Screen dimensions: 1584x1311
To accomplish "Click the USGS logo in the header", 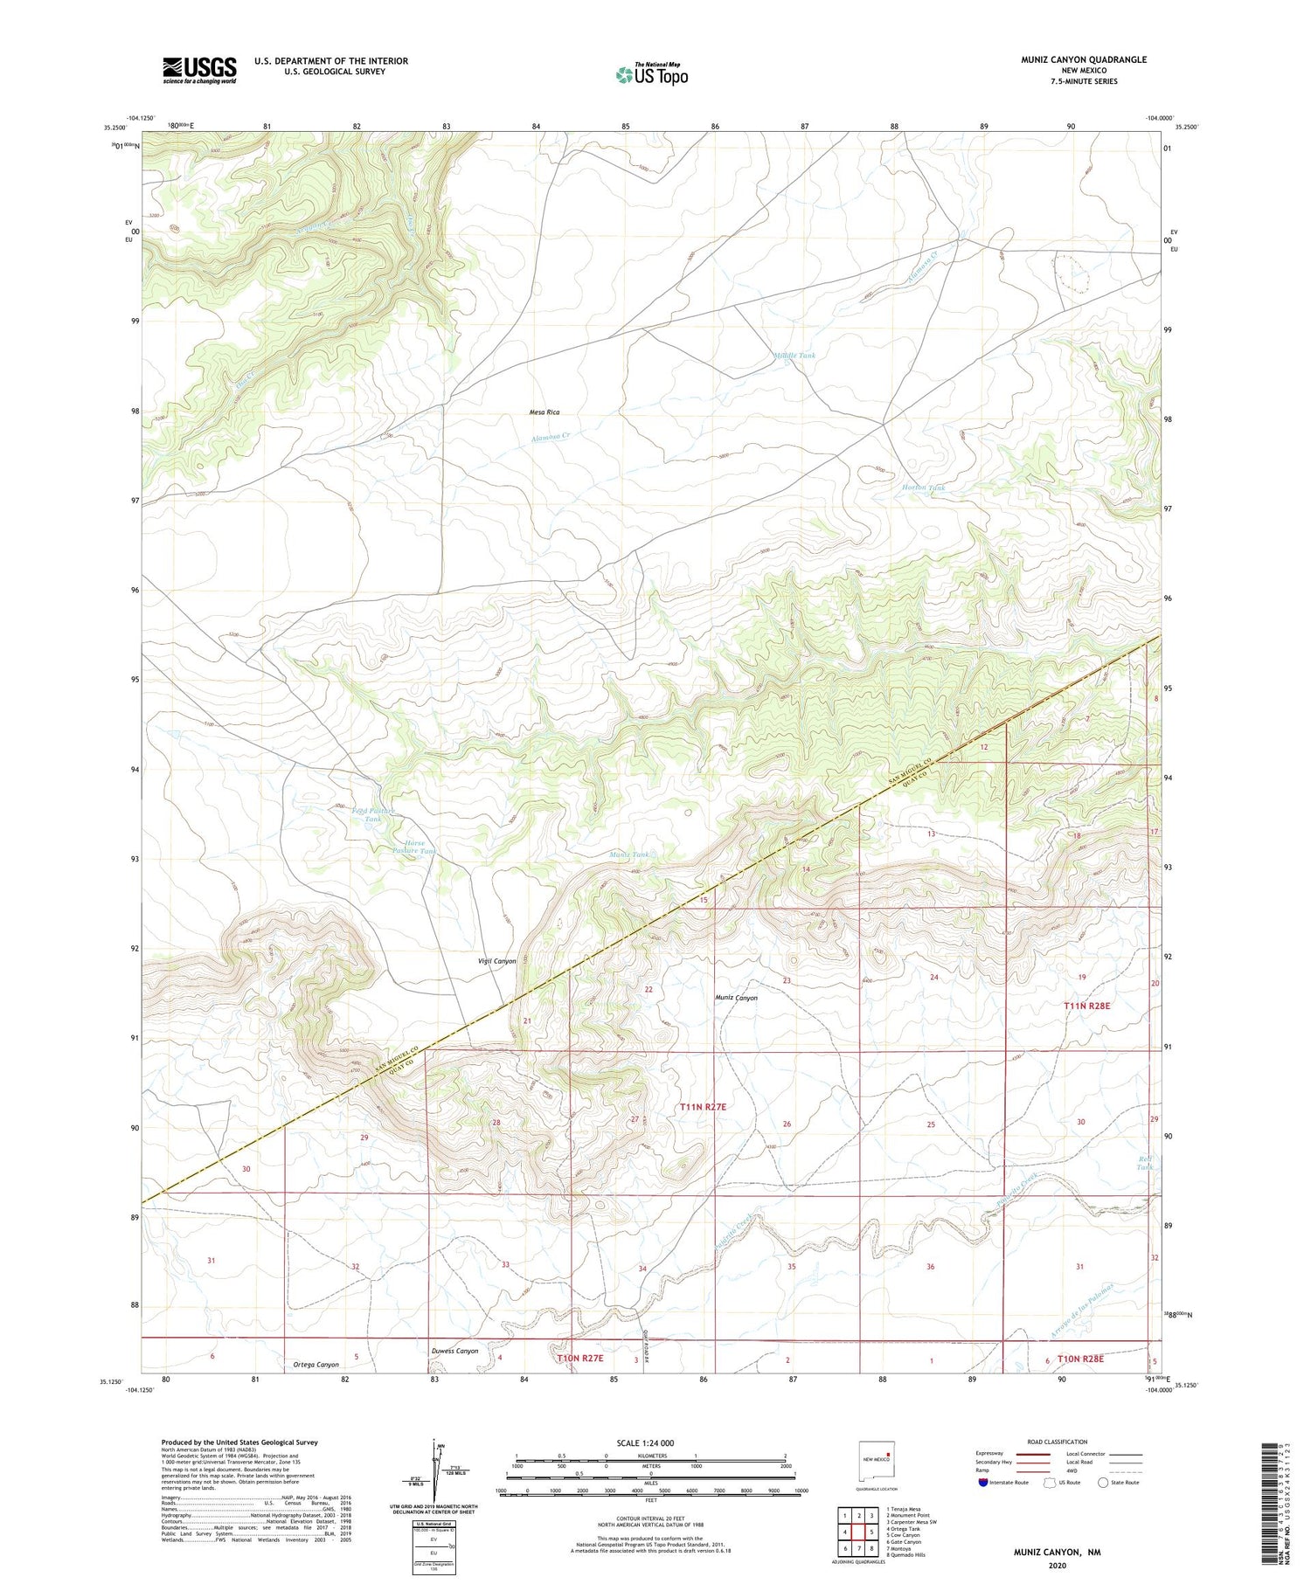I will tap(199, 70).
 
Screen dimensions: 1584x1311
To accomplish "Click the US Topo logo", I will tap(651, 75).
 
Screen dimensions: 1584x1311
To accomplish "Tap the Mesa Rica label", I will tap(545, 412).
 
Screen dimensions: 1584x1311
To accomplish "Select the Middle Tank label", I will tap(794, 356).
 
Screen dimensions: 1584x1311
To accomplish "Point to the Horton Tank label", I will tap(924, 488).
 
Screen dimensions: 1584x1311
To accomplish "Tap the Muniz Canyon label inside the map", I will tap(736, 997).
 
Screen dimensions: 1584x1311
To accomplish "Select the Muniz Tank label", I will tap(629, 854).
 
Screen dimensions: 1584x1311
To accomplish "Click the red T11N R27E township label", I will tap(703, 1107).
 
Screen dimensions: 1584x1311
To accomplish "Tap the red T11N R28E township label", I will tap(1086, 1006).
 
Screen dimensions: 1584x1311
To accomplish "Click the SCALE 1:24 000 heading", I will tap(650, 1442).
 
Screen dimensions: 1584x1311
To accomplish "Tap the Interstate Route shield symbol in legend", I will tap(984, 1483).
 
